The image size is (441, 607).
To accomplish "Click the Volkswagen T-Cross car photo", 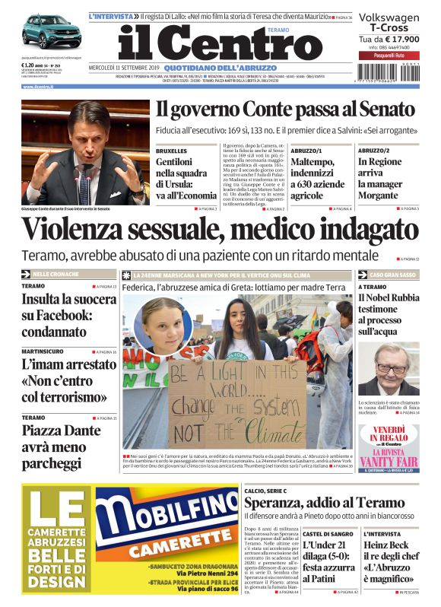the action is pyautogui.click(x=51, y=32).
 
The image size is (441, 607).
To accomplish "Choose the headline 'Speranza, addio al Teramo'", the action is pyautogui.click(x=323, y=502).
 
